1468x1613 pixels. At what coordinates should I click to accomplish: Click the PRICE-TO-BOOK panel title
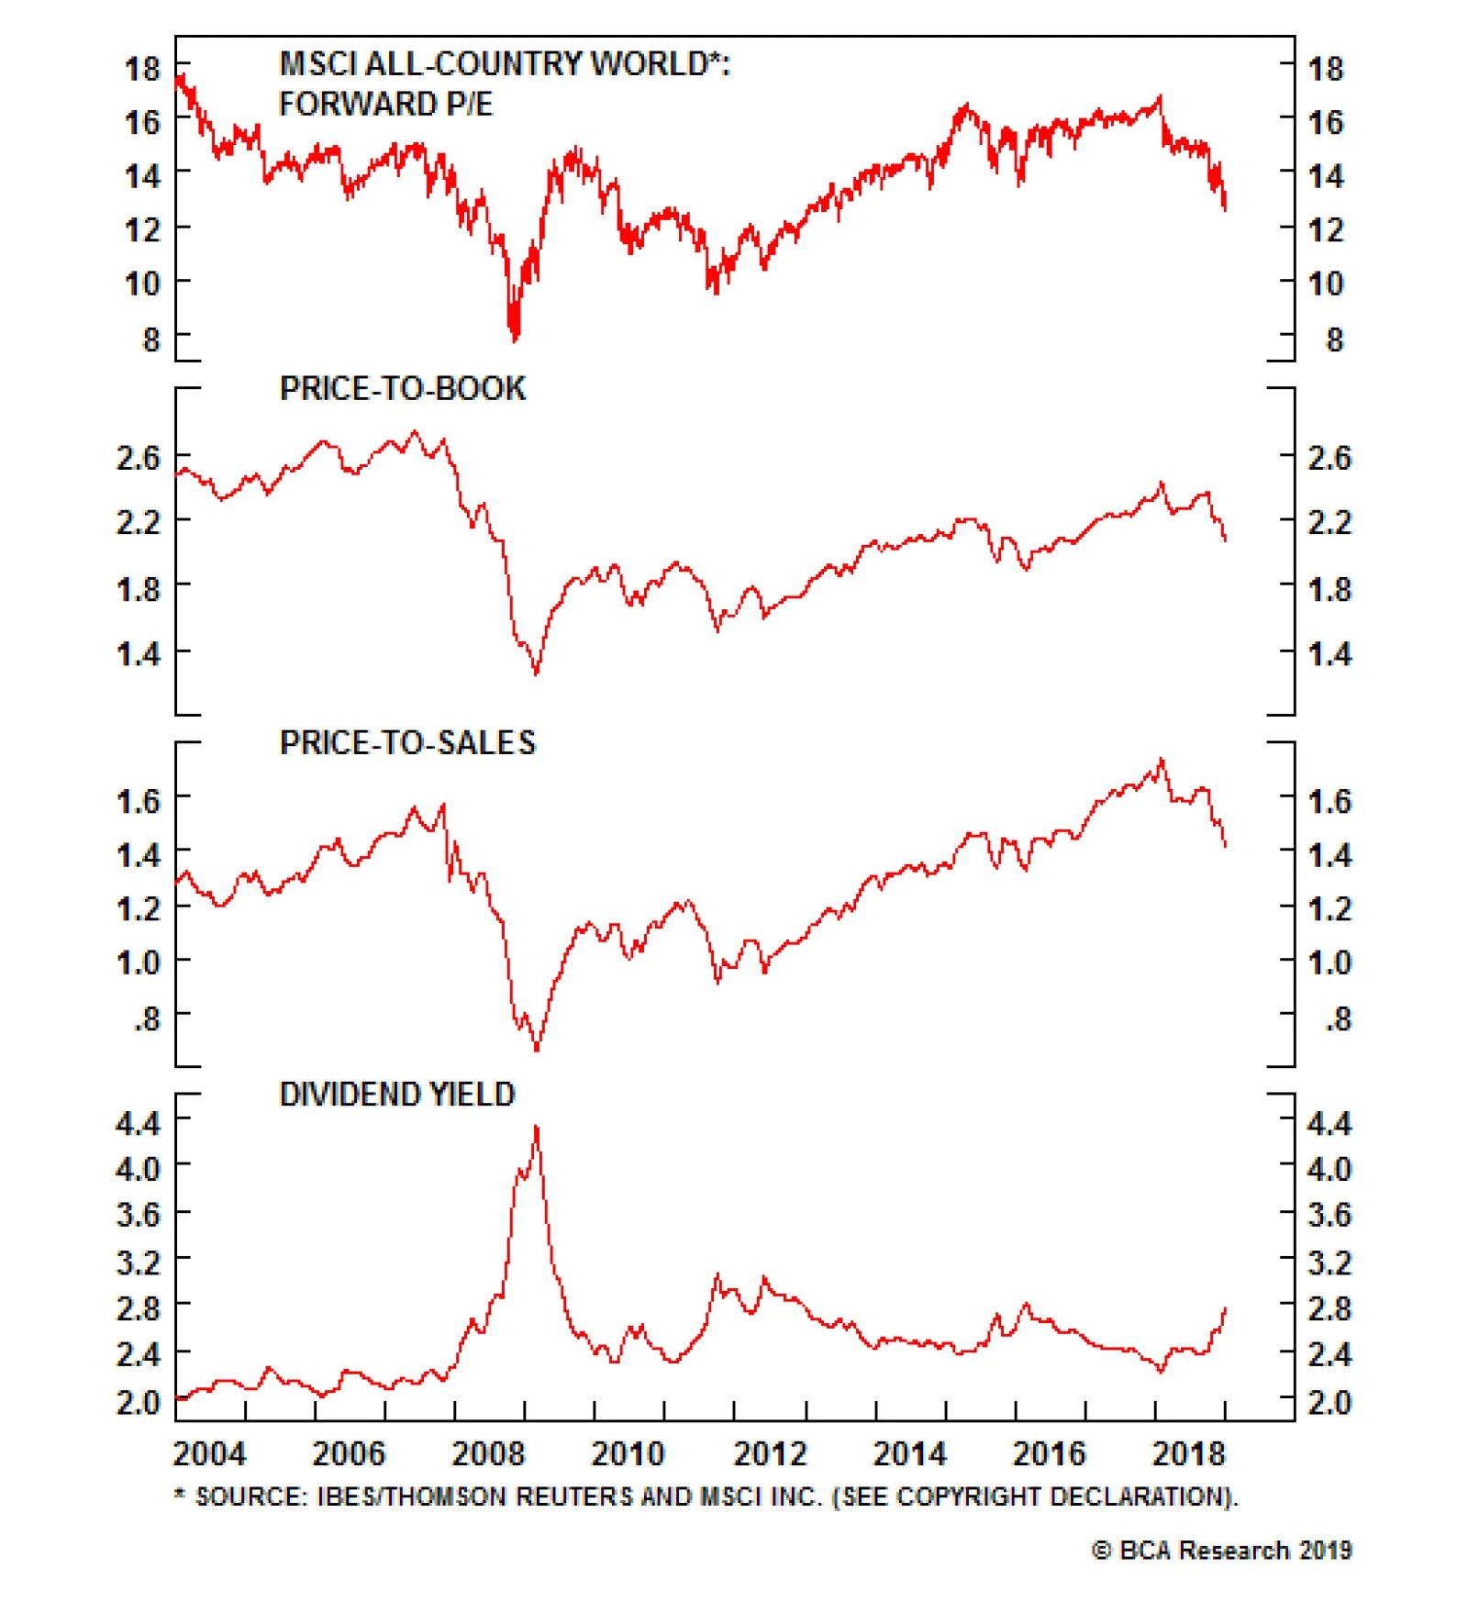click(402, 389)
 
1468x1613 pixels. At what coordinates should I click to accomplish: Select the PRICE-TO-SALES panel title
click(407, 742)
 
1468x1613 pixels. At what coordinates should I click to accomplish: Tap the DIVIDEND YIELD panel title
click(396, 1094)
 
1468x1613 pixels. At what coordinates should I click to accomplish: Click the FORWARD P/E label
click(385, 104)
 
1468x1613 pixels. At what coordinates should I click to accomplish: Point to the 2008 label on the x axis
click(488, 1453)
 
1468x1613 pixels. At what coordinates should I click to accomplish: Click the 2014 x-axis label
click(909, 1453)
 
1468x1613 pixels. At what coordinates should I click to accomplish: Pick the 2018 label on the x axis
click(1188, 1453)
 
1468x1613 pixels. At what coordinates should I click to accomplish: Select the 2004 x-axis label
click(209, 1453)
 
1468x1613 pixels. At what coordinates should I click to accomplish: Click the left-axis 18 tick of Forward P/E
click(142, 68)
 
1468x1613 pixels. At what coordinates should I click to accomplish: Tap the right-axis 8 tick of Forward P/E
click(1334, 340)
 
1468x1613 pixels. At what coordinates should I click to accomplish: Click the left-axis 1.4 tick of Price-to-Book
click(138, 653)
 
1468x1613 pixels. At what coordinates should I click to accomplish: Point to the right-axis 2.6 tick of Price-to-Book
click(1329, 457)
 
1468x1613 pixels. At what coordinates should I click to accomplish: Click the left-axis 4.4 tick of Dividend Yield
click(138, 1122)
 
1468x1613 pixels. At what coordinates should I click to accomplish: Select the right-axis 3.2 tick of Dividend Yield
click(1329, 1263)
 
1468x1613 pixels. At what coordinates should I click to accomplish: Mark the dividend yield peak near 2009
click(536, 1128)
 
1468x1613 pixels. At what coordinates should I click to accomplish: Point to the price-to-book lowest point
click(536, 673)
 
